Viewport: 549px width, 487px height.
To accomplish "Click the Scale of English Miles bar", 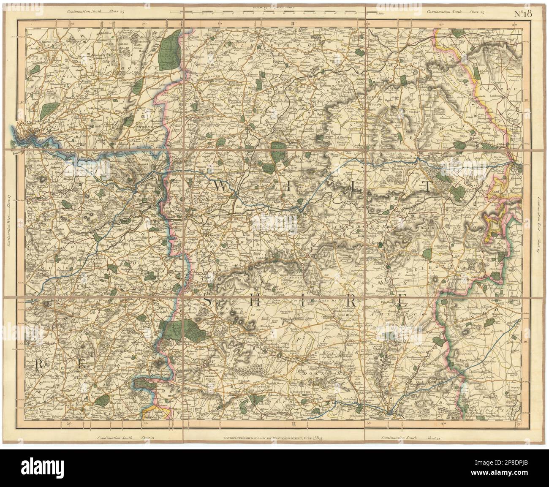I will pyautogui.click(x=274, y=12).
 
